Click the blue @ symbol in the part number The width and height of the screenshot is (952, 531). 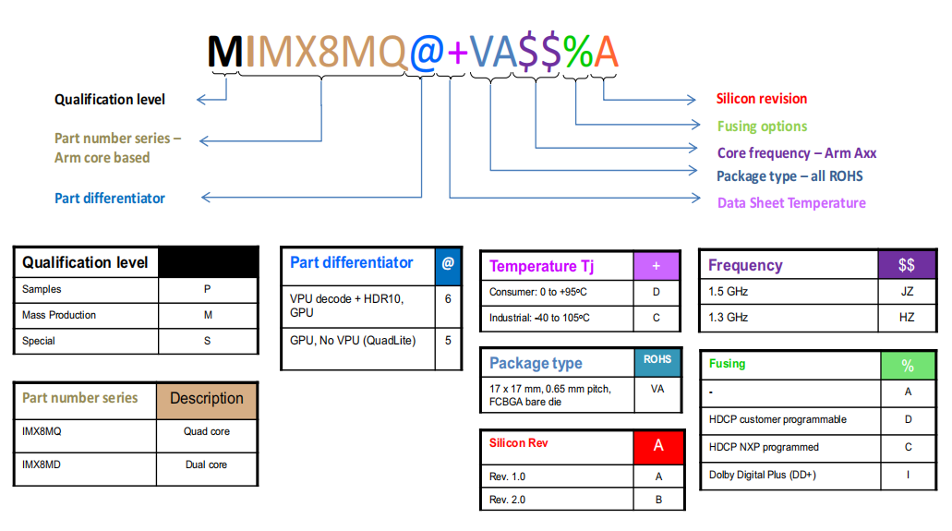(426, 53)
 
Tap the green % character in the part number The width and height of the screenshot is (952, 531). (578, 53)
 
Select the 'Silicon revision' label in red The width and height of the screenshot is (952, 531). (762, 99)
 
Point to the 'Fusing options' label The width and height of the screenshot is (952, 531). (762, 127)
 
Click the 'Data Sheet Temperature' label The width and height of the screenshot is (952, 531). (791, 203)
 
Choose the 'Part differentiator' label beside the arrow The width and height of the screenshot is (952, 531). (110, 199)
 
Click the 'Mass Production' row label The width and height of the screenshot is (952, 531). (59, 315)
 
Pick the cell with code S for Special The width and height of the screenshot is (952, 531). (208, 341)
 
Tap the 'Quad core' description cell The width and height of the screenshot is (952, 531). (207, 431)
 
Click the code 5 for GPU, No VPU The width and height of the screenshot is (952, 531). (448, 340)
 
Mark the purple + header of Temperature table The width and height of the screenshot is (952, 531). (657, 266)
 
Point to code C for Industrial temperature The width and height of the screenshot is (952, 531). (657, 318)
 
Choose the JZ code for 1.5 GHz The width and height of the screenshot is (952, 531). (907, 291)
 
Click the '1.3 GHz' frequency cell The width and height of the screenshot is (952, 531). (729, 317)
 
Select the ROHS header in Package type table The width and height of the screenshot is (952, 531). (657, 360)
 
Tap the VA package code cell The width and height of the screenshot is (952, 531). (657, 389)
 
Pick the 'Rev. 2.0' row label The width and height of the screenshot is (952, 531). (507, 500)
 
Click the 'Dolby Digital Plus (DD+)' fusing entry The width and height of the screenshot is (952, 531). (763, 475)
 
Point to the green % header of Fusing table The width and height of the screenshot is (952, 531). (908, 366)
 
